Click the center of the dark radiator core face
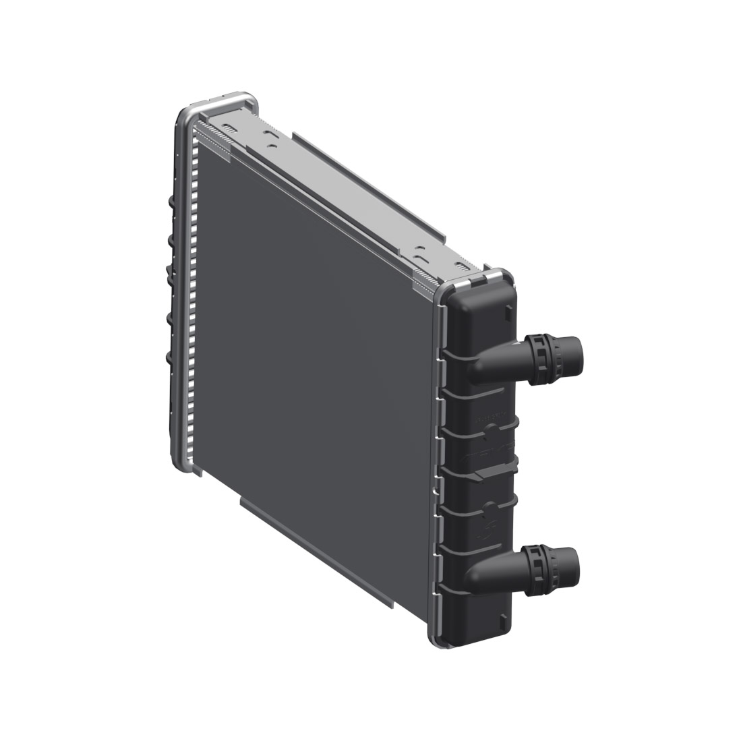(x=317, y=351)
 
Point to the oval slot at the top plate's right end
(x=419, y=257)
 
